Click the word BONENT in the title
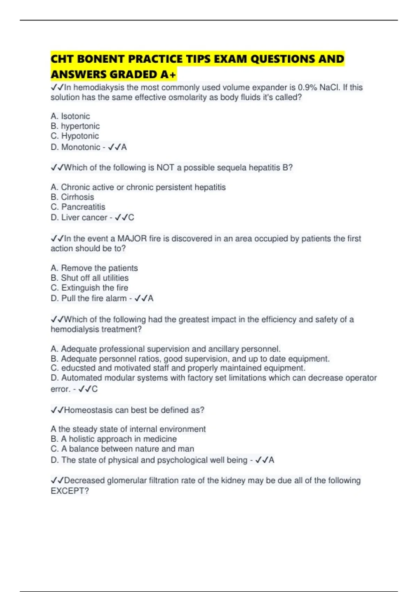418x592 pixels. pyautogui.click(x=100, y=59)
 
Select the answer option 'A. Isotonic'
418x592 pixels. pyautogui.click(x=70, y=116)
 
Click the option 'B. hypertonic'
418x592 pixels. pyautogui.click(x=75, y=126)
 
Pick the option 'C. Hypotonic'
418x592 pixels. pyautogui.click(x=75, y=136)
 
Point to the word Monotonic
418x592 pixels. pyautogui.click(x=81, y=147)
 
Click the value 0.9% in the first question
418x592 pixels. pyautogui.click(x=307, y=87)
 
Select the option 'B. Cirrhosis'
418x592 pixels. pyautogui.click(x=72, y=197)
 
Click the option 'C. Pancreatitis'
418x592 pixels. pyautogui.click(x=78, y=207)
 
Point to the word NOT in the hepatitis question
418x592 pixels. pyautogui.click(x=165, y=168)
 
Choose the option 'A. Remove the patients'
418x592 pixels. pyautogui.click(x=94, y=268)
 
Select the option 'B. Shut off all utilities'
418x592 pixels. pyautogui.click(x=90, y=278)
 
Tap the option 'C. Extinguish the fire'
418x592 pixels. pyautogui.click(x=90, y=288)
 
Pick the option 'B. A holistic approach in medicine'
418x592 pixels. pyautogui.click(x=114, y=439)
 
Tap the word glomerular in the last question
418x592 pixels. pyautogui.click(x=126, y=481)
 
